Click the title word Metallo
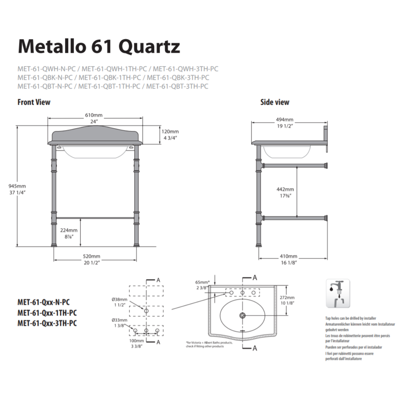point(52,46)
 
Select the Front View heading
point(34,102)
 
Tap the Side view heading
point(275,102)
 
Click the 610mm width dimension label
point(94,115)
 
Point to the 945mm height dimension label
point(17,186)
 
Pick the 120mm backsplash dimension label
point(170,132)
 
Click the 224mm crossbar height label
point(69,230)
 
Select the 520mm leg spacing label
point(92,256)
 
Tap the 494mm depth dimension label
point(284,120)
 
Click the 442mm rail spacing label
point(285,189)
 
